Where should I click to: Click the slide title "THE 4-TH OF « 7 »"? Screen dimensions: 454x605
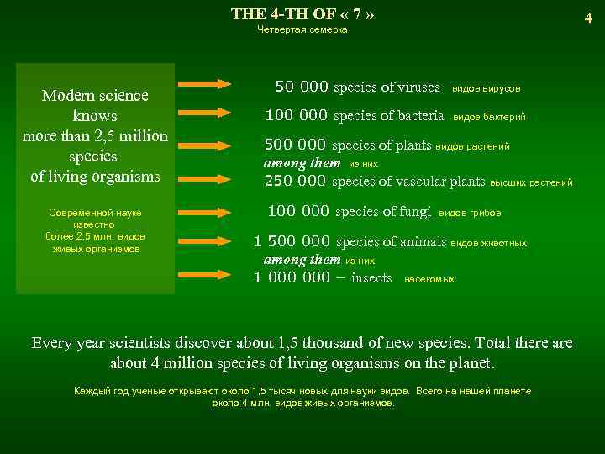coord(302,14)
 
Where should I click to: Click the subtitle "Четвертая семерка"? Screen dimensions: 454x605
coord(302,30)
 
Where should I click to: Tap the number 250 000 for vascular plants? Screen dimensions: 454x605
coord(296,181)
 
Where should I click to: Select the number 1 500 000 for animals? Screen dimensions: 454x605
coord(292,242)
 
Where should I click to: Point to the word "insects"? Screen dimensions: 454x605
coord(371,277)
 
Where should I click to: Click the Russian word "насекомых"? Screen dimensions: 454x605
coord(429,279)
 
